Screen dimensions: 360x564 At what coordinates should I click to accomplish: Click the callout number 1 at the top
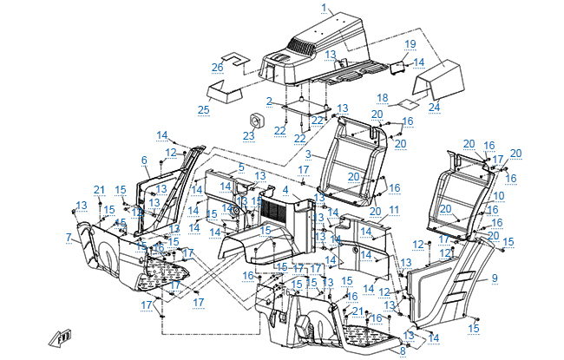tap(325, 7)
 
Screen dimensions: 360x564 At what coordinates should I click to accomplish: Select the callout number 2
tap(270, 101)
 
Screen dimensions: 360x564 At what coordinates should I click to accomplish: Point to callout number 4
tap(285, 189)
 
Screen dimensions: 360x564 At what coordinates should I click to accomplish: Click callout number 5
tap(241, 167)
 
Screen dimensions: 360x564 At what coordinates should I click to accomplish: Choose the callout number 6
tap(144, 160)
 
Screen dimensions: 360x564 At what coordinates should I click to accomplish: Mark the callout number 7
tap(68, 237)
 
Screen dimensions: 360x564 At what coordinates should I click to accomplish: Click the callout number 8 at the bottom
tap(402, 350)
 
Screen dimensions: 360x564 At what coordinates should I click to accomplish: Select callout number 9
tap(495, 278)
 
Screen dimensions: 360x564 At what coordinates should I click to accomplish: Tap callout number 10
tap(498, 197)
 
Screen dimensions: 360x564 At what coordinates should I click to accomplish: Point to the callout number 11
tap(394, 211)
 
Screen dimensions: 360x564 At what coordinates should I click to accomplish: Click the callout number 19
tap(410, 43)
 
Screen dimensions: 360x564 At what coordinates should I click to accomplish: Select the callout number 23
tap(249, 135)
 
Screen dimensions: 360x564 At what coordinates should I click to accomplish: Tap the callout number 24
tap(434, 107)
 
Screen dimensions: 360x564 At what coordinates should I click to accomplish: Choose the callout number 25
tap(204, 109)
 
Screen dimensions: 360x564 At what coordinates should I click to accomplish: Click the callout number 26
tap(218, 67)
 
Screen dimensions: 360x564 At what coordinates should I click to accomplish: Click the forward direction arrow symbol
tap(63, 337)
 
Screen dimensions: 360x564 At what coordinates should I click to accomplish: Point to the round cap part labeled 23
tap(257, 118)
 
